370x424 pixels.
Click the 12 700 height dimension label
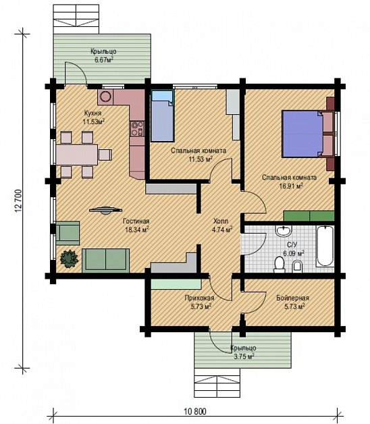[x=18, y=201]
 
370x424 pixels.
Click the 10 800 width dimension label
[x=195, y=412]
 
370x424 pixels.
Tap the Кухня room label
[x=92, y=113]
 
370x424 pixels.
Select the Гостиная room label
[x=136, y=221]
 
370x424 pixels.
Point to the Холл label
[x=221, y=221]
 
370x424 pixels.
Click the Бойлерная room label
[x=292, y=298]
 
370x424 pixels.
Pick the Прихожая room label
[x=199, y=298]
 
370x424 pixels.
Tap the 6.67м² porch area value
[x=103, y=59]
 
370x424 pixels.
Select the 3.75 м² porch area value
[x=244, y=356]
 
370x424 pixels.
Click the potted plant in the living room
[x=70, y=259]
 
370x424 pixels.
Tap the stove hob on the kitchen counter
[x=137, y=129]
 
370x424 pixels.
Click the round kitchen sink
[x=105, y=97]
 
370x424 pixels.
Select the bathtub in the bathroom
[x=325, y=246]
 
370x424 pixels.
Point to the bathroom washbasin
[x=284, y=230]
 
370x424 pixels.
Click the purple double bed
[x=302, y=134]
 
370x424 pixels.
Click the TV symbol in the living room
[x=106, y=210]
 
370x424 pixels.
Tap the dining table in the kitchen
[x=77, y=155]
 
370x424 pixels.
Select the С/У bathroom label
[x=292, y=245]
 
